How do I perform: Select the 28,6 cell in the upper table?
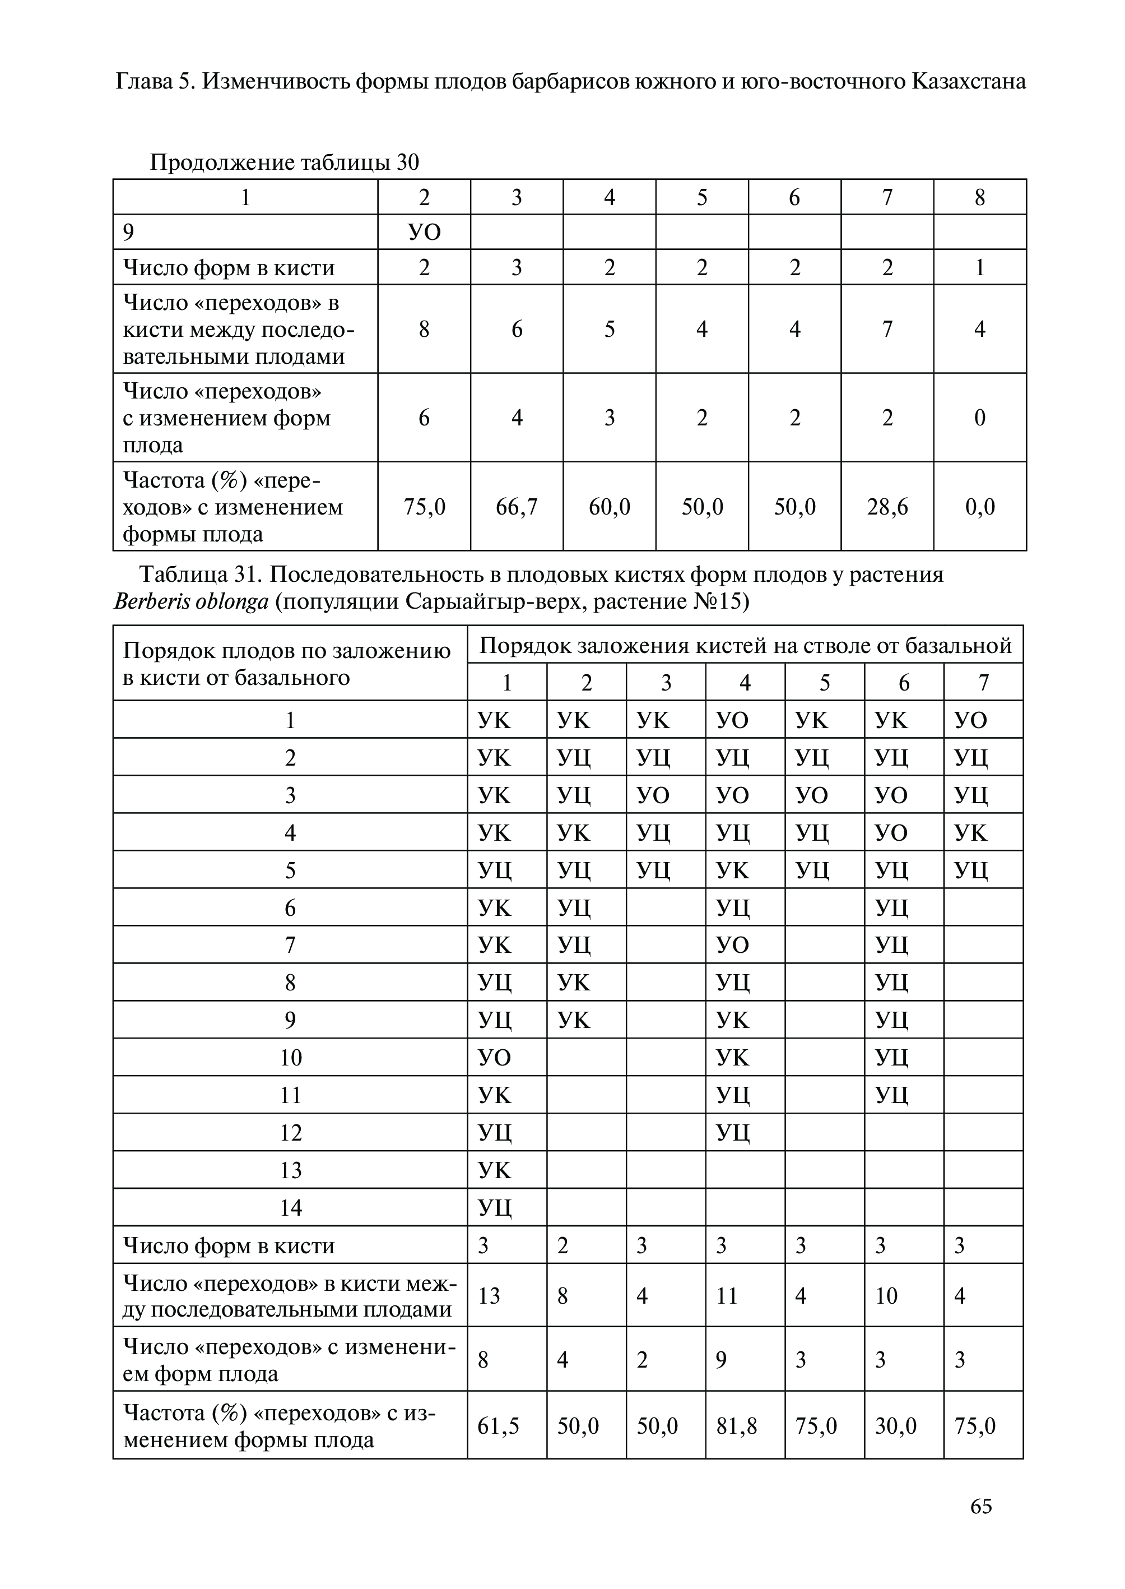pyautogui.click(x=887, y=507)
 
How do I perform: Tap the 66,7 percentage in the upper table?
pyautogui.click(x=516, y=507)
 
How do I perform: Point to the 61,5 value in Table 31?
pyautogui.click(x=498, y=1425)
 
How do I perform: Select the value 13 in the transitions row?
pyautogui.click(x=489, y=1295)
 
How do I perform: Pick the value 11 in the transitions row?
pyautogui.click(x=727, y=1295)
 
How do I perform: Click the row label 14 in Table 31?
pyautogui.click(x=290, y=1208)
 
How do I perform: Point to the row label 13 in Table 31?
pyautogui.click(x=290, y=1170)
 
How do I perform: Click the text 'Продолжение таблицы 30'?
pyautogui.click(x=285, y=163)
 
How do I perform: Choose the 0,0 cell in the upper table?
pyautogui.click(x=979, y=507)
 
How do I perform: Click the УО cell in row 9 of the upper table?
pyautogui.click(x=424, y=232)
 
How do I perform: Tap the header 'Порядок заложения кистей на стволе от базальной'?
pyautogui.click(x=745, y=646)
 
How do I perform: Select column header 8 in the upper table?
pyautogui.click(x=979, y=197)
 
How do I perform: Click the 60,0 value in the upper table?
pyautogui.click(x=609, y=507)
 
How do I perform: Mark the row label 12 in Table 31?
pyautogui.click(x=290, y=1132)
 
